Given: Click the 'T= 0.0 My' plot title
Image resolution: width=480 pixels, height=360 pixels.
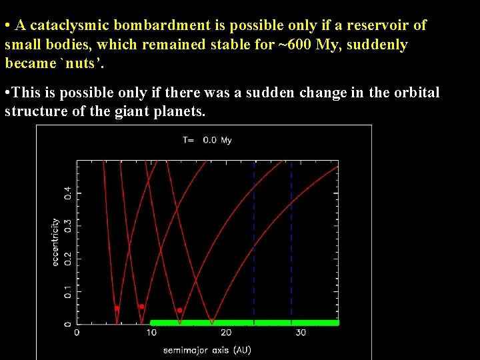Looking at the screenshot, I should [207, 140].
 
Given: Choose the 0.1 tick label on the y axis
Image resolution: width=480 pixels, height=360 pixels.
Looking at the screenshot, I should [67, 291].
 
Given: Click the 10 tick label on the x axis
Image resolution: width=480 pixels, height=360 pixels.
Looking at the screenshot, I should [151, 333].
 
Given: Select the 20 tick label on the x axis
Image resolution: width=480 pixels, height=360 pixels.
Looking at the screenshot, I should [226, 333].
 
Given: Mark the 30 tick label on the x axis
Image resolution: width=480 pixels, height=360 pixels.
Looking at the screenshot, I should [301, 333].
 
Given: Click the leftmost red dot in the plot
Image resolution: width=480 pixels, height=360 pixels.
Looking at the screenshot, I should [117, 309].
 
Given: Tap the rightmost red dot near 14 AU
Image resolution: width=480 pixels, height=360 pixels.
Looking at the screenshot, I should [180, 311].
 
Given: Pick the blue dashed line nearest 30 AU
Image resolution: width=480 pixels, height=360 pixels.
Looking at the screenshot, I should [291, 240].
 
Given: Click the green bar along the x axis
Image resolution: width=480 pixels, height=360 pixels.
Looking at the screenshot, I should [244, 323].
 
